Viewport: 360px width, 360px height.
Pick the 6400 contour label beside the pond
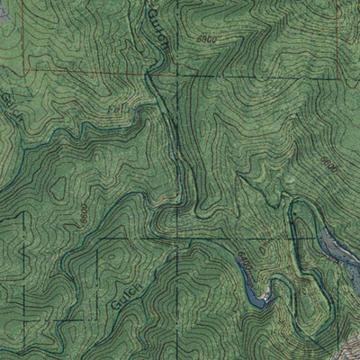244,262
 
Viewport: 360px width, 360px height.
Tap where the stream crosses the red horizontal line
160,71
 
